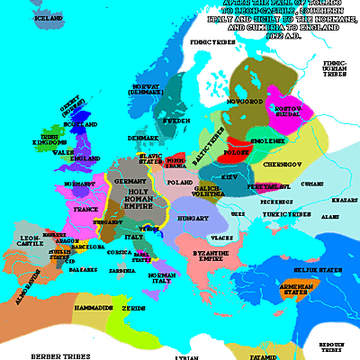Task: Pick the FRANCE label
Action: click(x=86, y=208)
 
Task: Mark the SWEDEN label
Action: click(x=175, y=120)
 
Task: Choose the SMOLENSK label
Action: click(x=277, y=142)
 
